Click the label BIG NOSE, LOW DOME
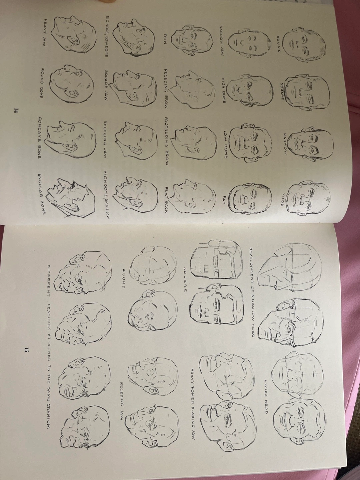tap(107, 36)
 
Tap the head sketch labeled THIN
tap(191, 40)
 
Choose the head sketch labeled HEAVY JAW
tap(74, 36)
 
